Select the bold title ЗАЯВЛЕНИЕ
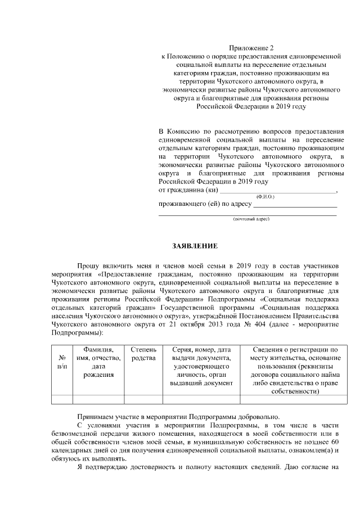[x=194, y=246]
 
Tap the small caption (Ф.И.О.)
[x=265, y=197]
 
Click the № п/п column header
[x=62, y=362]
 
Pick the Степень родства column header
[x=143, y=354]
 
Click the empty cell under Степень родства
[x=143, y=400]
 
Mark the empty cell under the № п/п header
[x=62, y=400]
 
